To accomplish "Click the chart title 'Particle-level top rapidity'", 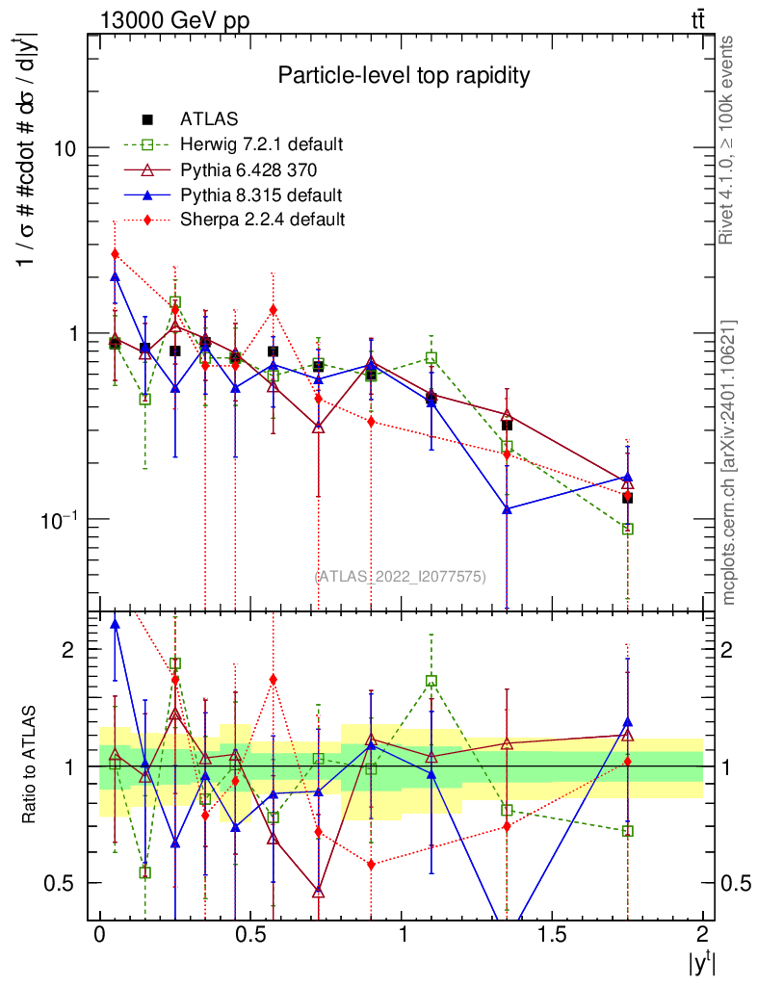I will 404,75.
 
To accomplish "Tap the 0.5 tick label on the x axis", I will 249,934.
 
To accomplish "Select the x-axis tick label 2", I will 702,934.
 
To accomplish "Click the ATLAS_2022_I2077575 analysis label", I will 400,576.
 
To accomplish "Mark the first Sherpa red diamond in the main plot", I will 115,254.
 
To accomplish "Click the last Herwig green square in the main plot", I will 628,529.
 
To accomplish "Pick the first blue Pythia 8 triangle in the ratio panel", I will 116,624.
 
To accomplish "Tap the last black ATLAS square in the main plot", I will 627,498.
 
